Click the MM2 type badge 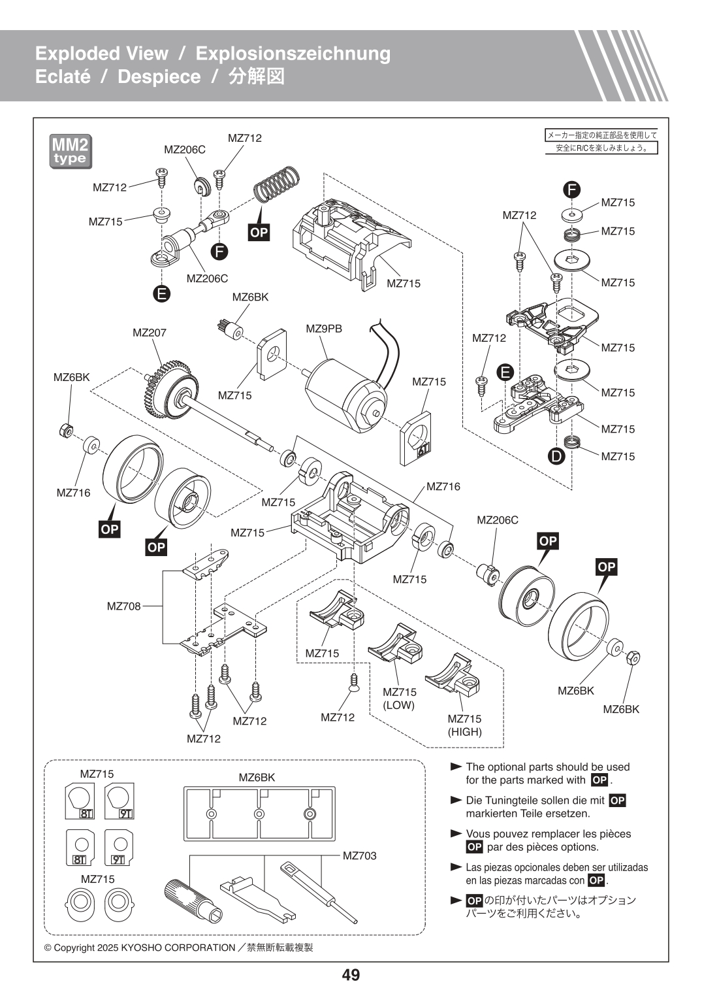click(71, 152)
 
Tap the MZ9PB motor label click(324, 329)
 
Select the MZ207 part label click(150, 333)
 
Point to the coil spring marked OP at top click(276, 184)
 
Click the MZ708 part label click(124, 606)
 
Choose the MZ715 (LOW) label click(399, 699)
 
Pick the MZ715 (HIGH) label click(464, 725)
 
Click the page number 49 click(351, 975)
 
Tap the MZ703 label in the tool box click(359, 855)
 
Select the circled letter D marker click(556, 456)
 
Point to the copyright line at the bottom click(178, 948)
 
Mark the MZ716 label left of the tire click(73, 493)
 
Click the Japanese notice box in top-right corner click(601, 142)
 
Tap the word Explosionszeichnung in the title click(293, 53)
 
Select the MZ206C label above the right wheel click(497, 520)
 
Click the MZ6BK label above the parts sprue click(257, 778)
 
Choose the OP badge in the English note click(599, 780)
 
